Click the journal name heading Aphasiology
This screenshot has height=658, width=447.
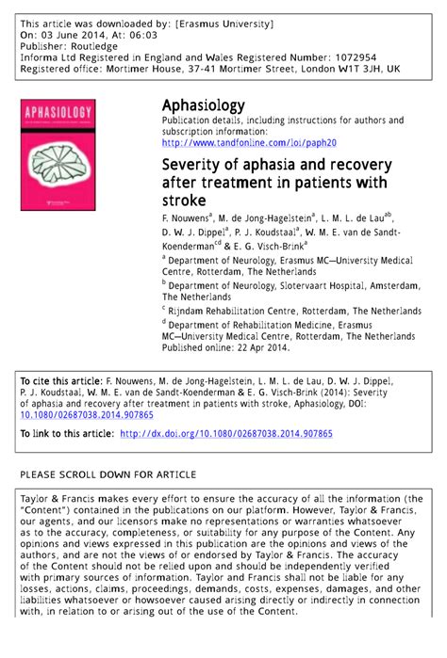(x=204, y=104)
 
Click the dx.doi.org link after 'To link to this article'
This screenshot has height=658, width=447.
(x=225, y=434)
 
